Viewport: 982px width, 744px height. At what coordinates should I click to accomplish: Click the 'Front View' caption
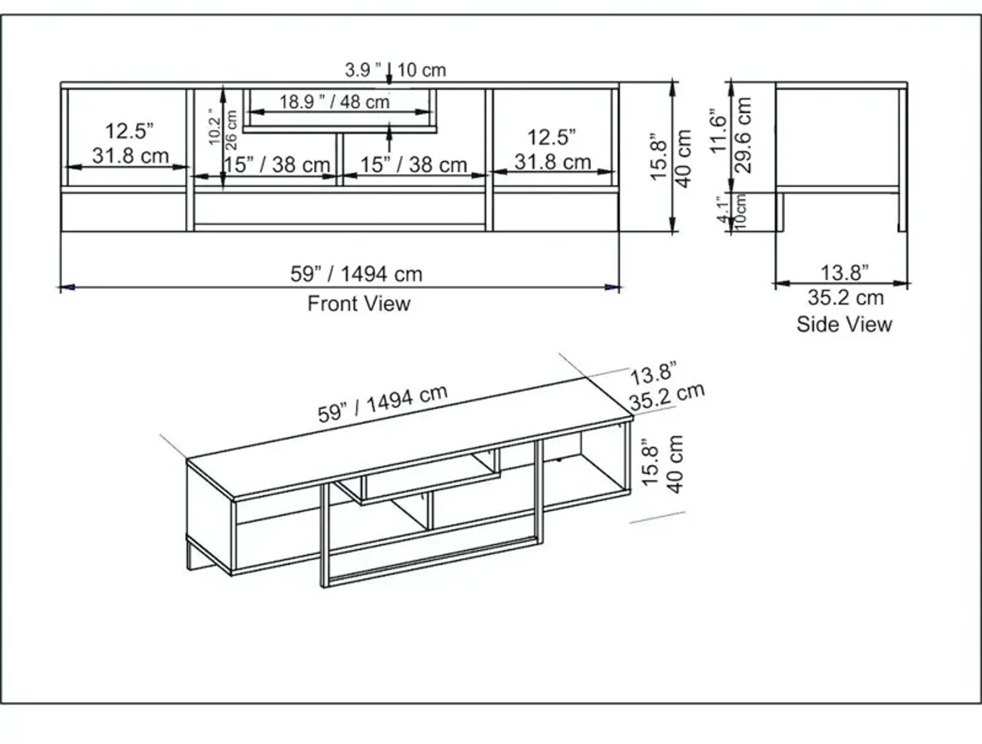pos(359,304)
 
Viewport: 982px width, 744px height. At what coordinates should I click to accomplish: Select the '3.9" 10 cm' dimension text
pos(395,70)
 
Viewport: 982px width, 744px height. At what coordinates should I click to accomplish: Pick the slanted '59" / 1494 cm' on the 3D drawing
pos(383,404)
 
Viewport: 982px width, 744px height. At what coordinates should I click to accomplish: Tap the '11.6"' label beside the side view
pos(718,131)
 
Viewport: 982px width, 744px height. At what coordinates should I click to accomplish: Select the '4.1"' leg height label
pos(724,211)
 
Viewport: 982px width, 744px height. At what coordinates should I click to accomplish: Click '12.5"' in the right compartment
pos(552,138)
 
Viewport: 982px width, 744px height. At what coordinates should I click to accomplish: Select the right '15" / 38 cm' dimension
pos(413,165)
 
